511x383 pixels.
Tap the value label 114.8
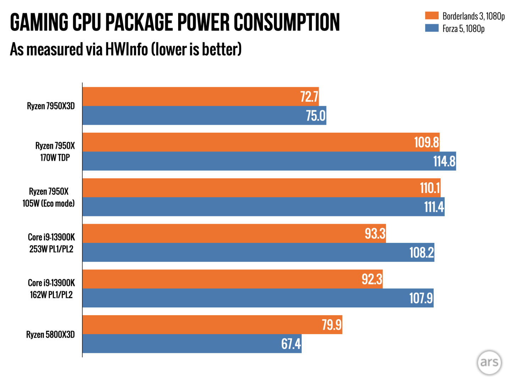point(444,161)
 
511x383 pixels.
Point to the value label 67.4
point(291,344)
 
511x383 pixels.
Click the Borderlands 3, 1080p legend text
point(473,16)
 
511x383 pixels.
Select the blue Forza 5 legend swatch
point(432,28)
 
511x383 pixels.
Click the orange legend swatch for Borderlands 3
point(432,16)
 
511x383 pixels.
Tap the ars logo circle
point(489,362)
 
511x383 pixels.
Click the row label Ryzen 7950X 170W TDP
point(55,151)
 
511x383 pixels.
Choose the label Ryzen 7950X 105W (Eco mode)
point(49,197)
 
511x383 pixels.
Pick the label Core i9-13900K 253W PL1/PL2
point(51,243)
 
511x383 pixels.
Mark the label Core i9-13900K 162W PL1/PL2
point(51,289)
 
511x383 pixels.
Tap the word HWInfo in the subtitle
point(126,49)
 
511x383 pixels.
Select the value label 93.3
point(375,233)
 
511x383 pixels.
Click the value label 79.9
point(331,324)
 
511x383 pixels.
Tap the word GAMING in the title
point(39,22)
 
